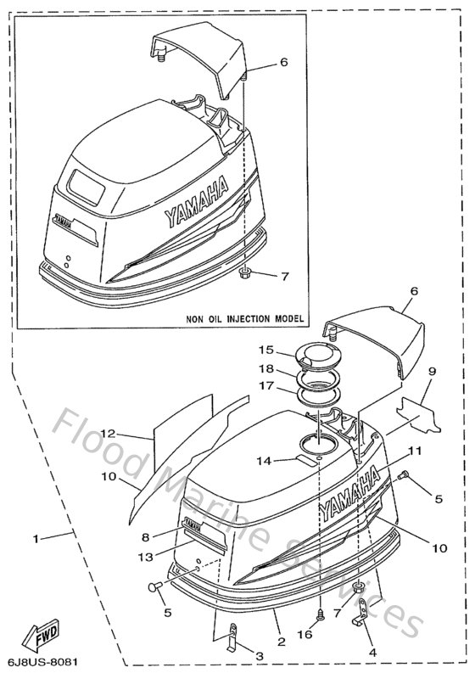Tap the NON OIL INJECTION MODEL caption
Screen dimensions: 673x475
pyautogui.click(x=245, y=318)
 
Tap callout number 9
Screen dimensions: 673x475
pyautogui.click(x=432, y=370)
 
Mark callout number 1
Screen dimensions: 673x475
pyautogui.click(x=35, y=538)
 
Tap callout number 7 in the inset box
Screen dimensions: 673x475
pyautogui.click(x=285, y=277)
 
